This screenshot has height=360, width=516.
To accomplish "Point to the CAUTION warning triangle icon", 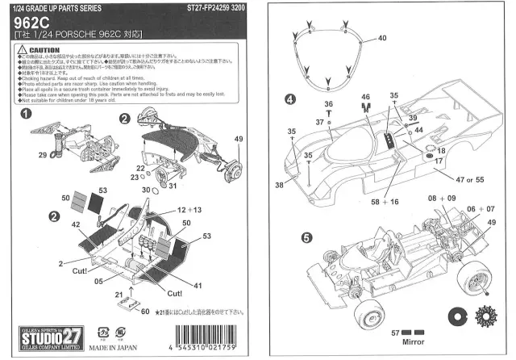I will [22, 49].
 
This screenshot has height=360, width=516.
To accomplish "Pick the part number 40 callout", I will [382, 38].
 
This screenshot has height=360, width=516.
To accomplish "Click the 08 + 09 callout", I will [442, 198].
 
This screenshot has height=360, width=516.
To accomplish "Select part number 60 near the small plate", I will [145, 312].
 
